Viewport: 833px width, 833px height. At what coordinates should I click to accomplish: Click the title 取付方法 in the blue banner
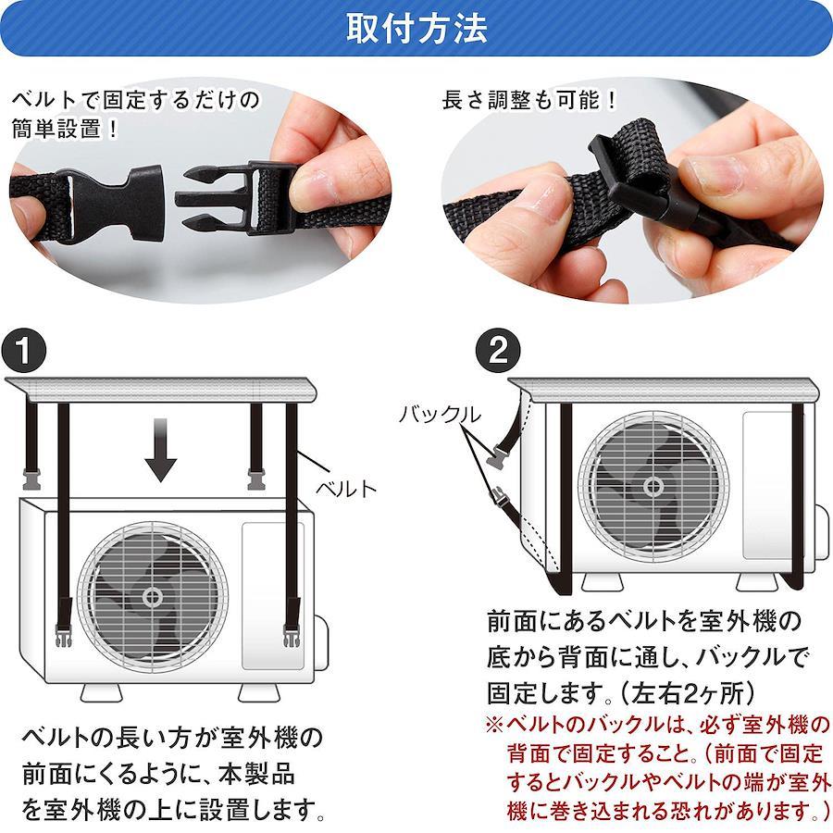416,28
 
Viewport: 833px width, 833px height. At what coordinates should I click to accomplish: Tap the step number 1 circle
24,350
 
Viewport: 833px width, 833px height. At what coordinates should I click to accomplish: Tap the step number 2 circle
497,350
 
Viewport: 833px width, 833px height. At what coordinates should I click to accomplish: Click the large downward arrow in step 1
160,450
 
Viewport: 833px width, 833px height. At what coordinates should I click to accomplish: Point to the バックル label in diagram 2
440,415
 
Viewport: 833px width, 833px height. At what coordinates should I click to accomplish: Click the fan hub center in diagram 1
153,597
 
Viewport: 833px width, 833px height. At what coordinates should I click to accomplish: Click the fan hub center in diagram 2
653,486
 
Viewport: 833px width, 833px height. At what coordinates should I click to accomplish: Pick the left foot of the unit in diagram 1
101,692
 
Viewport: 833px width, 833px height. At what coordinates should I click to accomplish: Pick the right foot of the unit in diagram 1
258,692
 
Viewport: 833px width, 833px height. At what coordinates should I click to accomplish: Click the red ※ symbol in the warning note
494,725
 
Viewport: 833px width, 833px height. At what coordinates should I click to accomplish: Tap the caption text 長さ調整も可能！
529,100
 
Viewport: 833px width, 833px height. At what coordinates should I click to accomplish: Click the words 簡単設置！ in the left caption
65,129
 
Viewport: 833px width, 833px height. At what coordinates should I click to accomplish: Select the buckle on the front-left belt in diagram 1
63,636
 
